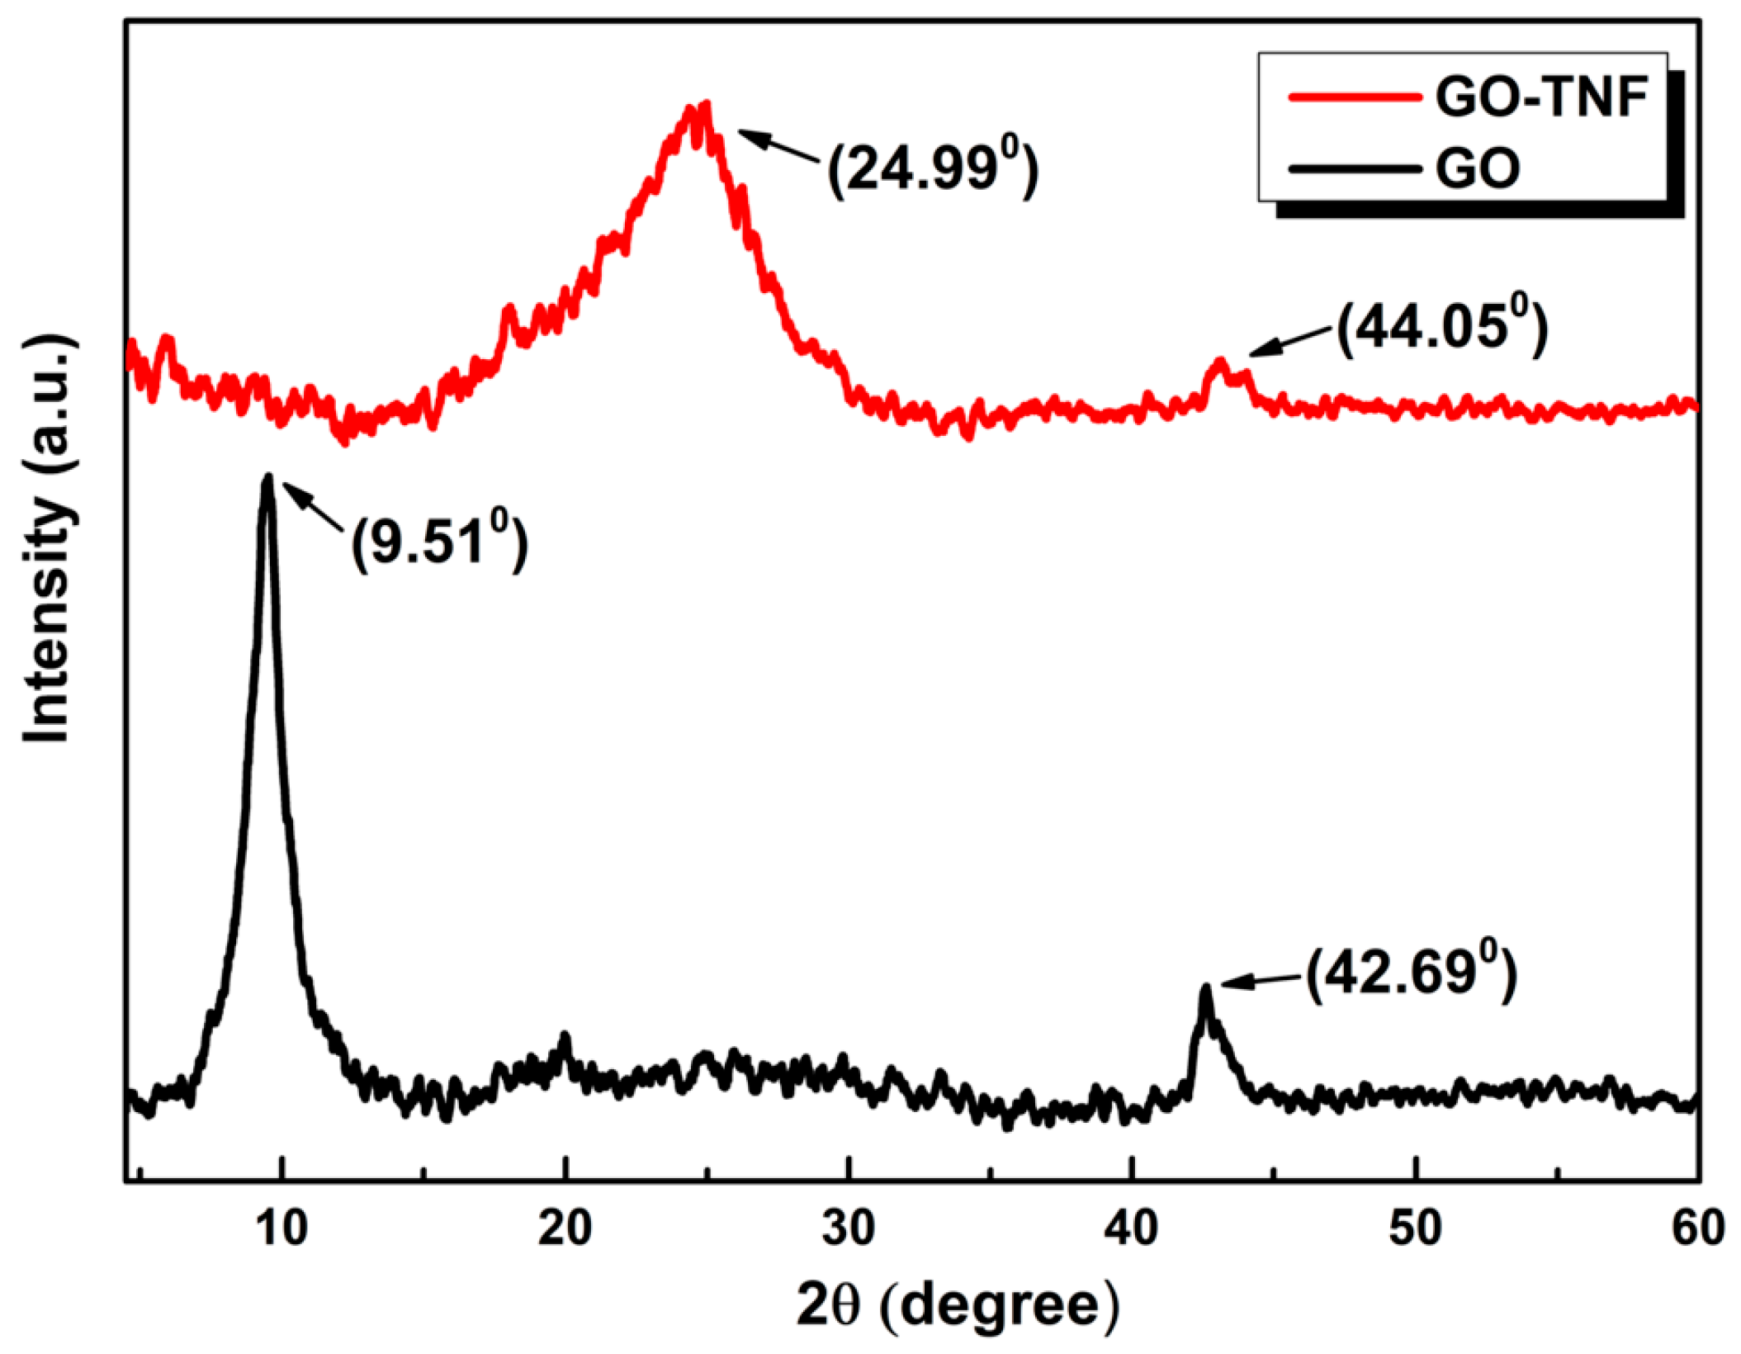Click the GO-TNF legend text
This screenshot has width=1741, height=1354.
1541,97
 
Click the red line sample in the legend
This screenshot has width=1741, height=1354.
1354,97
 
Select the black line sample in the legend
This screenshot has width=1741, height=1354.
1354,169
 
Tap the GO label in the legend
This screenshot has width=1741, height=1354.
1478,169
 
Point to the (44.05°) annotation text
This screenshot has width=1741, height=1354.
1441,328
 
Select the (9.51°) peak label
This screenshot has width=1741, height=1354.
439,542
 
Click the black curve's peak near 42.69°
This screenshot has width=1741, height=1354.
1206,988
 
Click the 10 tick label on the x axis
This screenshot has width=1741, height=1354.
281,1228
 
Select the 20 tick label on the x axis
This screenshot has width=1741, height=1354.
565,1228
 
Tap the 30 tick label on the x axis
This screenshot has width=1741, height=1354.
849,1228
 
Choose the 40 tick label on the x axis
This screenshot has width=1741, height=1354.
1132,1228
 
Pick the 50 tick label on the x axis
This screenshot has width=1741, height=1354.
1415,1228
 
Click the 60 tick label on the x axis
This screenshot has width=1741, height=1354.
1697,1228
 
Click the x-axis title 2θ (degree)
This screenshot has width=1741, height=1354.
958,1305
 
